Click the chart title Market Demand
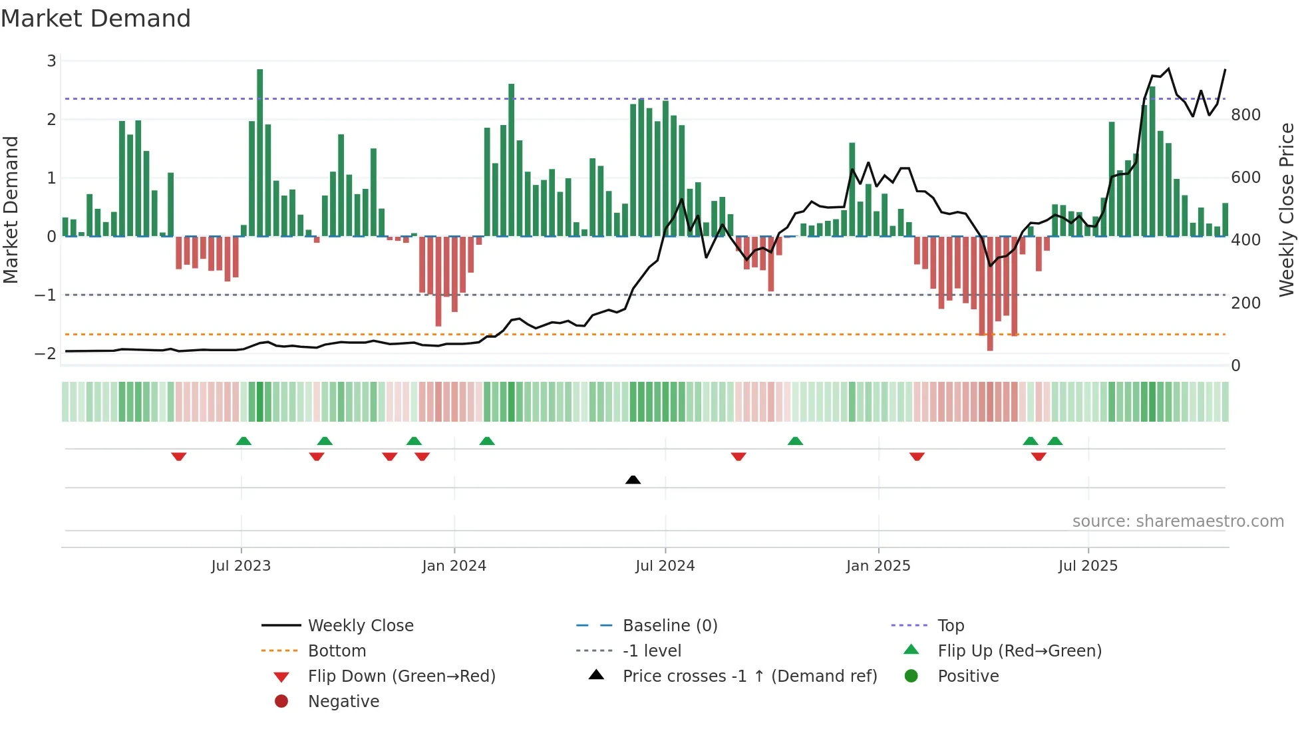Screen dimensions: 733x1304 96,19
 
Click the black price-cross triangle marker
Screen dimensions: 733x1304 633,480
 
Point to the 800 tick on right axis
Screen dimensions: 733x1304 1245,115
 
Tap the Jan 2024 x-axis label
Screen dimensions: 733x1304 454,566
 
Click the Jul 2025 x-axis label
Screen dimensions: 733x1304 1088,566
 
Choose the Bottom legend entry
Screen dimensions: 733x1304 337,651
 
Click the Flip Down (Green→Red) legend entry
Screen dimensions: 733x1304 401,676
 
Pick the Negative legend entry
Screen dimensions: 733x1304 343,702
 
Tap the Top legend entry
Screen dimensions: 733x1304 950,626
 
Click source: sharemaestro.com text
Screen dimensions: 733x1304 1178,521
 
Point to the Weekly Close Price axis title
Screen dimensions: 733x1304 1287,210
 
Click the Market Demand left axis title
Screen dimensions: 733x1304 11,210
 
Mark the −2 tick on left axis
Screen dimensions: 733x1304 45,353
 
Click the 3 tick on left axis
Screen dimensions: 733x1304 51,61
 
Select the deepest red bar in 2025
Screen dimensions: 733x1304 990,293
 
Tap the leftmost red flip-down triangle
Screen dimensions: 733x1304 178,456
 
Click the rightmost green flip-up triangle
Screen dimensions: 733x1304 1055,440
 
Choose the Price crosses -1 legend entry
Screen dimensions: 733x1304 749,676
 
